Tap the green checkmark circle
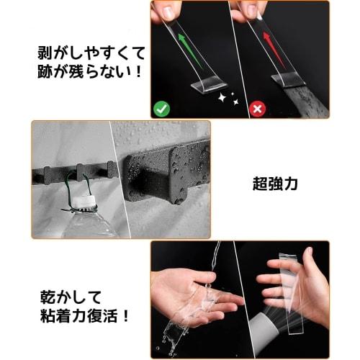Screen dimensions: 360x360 161,109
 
